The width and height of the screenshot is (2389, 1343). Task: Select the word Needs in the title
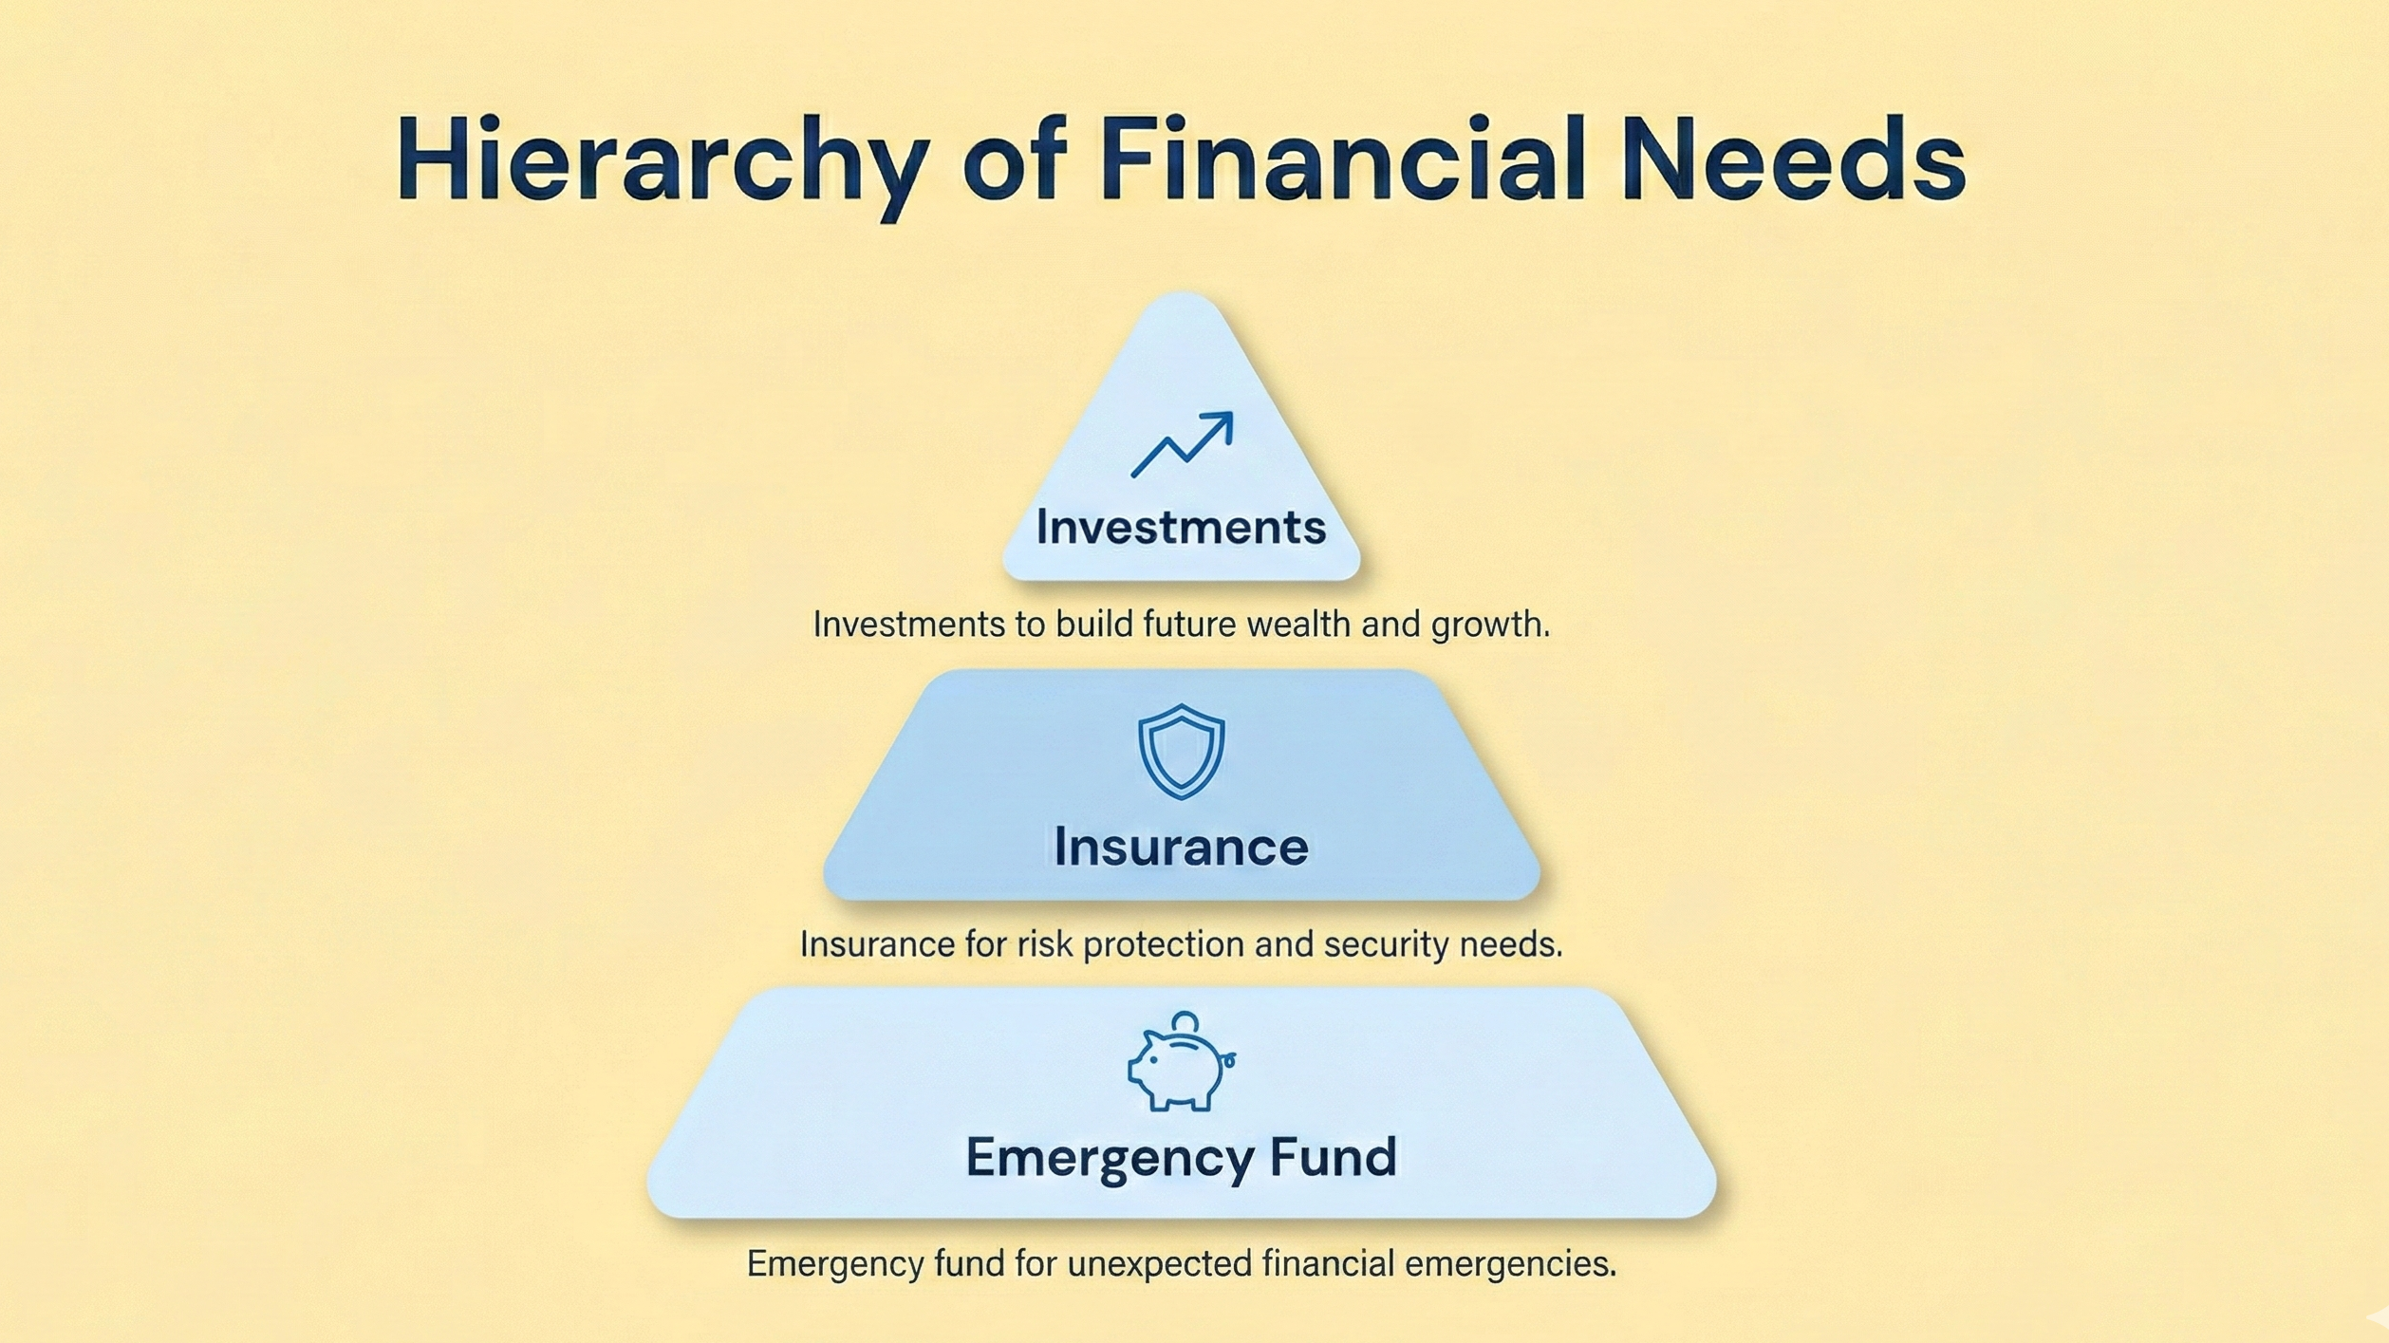pos(1793,158)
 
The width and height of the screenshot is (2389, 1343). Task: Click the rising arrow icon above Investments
pos(1182,444)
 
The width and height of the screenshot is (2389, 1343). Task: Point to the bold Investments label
pos(1181,527)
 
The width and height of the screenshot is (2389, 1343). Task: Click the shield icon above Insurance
pos(1181,751)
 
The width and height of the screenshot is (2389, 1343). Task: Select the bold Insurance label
pos(1181,847)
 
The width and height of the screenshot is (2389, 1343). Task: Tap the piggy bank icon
pos(1181,1061)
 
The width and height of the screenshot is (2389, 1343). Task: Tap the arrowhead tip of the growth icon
pos(1232,413)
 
